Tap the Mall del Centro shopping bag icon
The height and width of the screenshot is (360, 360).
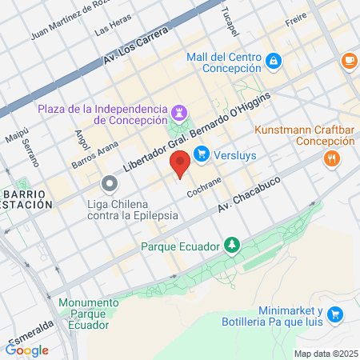pos(274,59)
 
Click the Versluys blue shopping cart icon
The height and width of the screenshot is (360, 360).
pos(201,154)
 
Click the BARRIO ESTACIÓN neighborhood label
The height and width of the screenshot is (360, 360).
pos(26,199)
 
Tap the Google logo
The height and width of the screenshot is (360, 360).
pos(26,350)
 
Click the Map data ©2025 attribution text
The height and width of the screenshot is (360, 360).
pos(325,354)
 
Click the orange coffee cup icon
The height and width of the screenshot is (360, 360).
pos(349,61)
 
